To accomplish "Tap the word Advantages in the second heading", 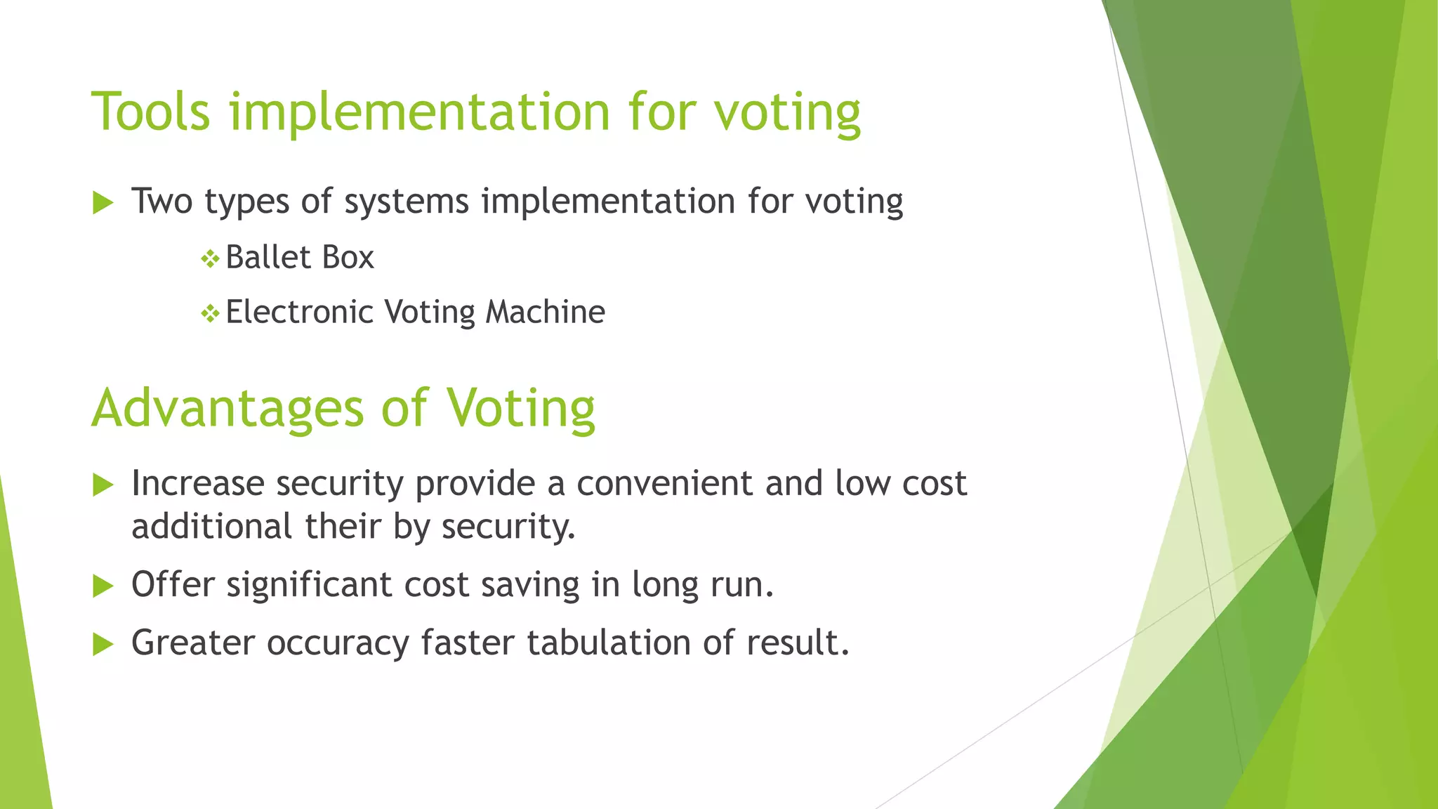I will [x=227, y=409].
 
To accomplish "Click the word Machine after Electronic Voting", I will [x=545, y=312].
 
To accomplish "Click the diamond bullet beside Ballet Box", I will [x=210, y=259].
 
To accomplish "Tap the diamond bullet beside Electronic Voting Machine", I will [x=210, y=313].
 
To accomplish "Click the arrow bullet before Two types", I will [x=103, y=204].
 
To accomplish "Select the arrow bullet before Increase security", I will [x=103, y=485].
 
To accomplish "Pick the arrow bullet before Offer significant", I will [x=103, y=586].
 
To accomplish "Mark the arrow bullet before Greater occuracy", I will [x=103, y=644].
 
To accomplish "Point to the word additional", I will [x=211, y=526].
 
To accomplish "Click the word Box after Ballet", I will [x=348, y=257].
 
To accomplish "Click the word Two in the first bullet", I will [x=162, y=201].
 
